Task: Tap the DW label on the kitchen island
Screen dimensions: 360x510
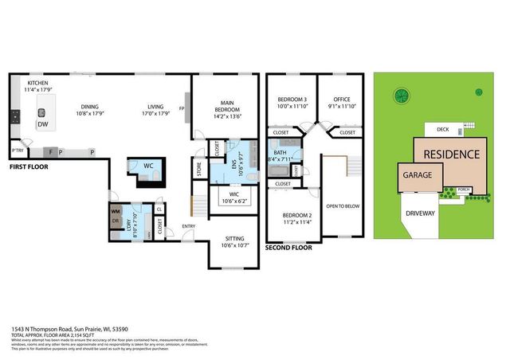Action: [x=41, y=125]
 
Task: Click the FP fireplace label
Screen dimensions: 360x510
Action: [x=182, y=109]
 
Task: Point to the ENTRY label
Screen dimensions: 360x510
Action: [x=189, y=226]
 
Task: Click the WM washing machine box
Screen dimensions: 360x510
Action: [x=116, y=211]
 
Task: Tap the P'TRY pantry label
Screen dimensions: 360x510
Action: [x=16, y=150]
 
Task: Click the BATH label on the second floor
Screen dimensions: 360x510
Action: [x=280, y=152]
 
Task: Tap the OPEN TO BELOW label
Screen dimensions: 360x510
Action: [x=339, y=205]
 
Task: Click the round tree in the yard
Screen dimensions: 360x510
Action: [x=401, y=96]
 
